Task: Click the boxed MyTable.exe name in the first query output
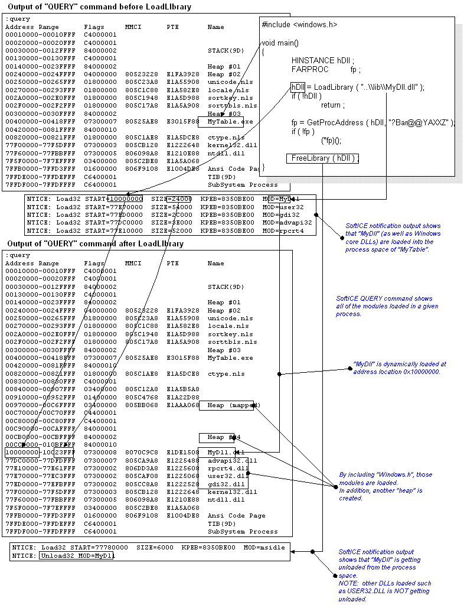221,122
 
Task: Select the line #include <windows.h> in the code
300,25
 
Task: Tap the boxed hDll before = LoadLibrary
298,87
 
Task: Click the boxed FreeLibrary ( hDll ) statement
323,158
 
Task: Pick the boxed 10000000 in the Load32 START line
122,199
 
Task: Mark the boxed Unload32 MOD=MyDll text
77,555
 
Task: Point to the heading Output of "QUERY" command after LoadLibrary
96,244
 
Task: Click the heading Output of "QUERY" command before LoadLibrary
100,6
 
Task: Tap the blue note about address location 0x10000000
399,367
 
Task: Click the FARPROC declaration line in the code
325,69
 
